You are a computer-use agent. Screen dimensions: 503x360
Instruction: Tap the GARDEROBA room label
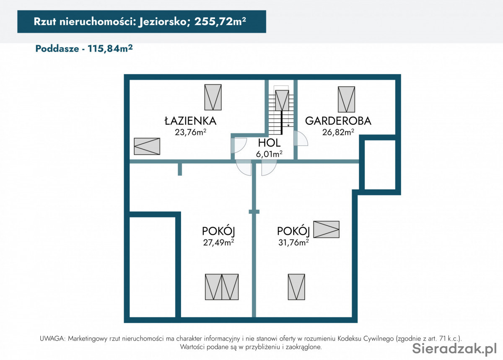(338, 121)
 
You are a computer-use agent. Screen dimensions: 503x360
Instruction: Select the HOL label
(269, 143)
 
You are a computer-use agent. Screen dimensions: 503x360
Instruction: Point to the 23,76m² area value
(190, 132)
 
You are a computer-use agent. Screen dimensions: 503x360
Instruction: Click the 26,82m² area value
(338, 132)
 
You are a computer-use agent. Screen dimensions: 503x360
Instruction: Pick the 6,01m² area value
(269, 154)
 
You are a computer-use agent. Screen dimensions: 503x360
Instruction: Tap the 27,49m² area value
(218, 243)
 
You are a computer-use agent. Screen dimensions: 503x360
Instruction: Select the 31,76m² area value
(293, 243)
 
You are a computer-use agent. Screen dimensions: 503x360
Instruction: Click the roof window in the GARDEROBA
(347, 99)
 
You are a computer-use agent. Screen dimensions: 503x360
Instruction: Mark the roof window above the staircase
(282, 100)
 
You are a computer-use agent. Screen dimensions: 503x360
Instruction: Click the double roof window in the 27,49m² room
(222, 287)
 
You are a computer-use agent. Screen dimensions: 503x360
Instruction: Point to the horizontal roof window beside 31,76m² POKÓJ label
(326, 229)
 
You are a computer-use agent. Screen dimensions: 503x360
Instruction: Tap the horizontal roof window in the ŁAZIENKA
(147, 146)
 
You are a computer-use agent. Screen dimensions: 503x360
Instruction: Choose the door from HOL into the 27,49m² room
(244, 168)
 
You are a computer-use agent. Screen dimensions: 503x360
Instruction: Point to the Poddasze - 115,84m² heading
(84, 49)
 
